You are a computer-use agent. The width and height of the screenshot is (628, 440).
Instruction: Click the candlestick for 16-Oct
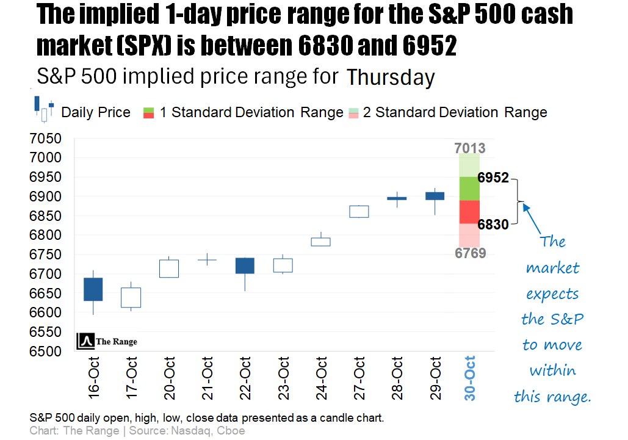pyautogui.click(x=93, y=289)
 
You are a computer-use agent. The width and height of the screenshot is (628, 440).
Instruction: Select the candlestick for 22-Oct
pyautogui.click(x=245, y=265)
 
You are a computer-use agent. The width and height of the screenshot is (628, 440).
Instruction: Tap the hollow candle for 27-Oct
pyautogui.click(x=359, y=211)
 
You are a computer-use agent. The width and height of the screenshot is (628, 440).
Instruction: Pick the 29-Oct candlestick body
pyautogui.click(x=435, y=196)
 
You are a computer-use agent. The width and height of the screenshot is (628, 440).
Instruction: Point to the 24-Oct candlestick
pyautogui.click(x=321, y=242)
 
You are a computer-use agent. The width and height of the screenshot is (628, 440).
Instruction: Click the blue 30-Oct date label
pyautogui.click(x=470, y=378)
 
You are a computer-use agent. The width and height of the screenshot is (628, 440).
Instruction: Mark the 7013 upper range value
pyautogui.click(x=470, y=148)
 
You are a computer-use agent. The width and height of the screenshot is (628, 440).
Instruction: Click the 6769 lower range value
pyautogui.click(x=470, y=253)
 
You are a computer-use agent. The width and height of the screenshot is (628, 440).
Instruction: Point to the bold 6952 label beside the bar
pyautogui.click(x=493, y=178)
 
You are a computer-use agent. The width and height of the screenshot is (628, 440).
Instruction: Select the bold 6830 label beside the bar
pyautogui.click(x=493, y=225)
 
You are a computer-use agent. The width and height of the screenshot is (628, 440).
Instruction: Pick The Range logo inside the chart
pyautogui.click(x=107, y=342)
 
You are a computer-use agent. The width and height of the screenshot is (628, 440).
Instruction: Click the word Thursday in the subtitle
pyautogui.click(x=391, y=78)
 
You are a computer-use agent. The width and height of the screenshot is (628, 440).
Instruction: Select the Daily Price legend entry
pyautogui.click(x=96, y=112)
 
